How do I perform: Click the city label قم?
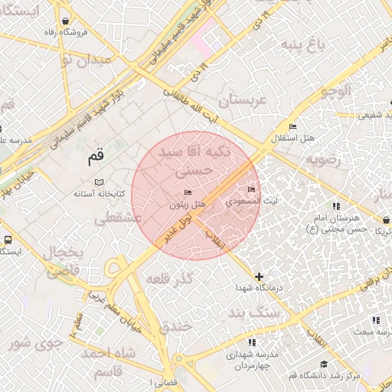[95, 157]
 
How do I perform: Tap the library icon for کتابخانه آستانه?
[98, 182]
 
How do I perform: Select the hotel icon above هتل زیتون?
[188, 191]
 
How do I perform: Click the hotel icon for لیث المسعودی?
[251, 189]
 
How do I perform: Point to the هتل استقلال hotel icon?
[292, 126]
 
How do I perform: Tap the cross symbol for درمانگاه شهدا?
[259, 276]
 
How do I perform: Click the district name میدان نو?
[86, 59]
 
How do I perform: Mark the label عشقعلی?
[119, 218]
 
